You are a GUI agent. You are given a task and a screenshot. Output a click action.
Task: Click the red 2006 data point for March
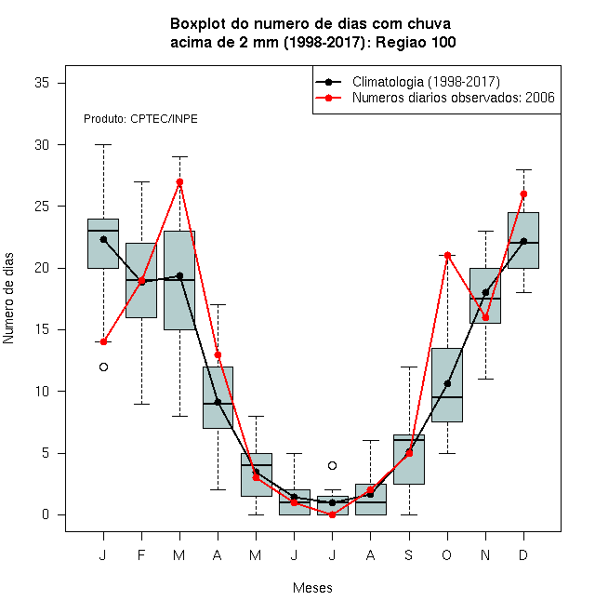coord(179,181)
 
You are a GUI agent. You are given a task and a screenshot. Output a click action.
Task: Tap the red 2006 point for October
coord(447,255)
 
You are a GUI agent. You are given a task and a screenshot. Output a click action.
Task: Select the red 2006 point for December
coord(523,194)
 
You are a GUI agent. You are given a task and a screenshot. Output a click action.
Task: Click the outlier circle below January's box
coord(103,367)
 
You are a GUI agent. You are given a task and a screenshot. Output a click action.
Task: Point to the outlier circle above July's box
coord(332,465)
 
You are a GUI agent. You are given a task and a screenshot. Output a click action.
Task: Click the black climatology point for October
coord(447,383)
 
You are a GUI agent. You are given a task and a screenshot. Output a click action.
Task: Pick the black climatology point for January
coord(103,239)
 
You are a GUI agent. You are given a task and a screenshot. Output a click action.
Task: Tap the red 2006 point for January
coord(103,341)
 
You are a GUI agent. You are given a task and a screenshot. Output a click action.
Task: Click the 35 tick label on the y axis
coord(42,83)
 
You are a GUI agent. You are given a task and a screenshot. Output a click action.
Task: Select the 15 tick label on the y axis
coord(42,329)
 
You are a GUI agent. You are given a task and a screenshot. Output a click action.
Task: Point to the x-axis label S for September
coord(409,554)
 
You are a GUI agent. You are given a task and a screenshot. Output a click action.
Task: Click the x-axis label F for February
coord(141,554)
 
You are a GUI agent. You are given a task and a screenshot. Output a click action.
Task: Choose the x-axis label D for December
coord(523,554)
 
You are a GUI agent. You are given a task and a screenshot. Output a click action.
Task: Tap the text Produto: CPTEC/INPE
coord(140,119)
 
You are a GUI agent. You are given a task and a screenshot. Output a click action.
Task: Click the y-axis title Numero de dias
coord(8,299)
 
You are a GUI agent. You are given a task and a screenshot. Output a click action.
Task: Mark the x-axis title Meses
coord(312,588)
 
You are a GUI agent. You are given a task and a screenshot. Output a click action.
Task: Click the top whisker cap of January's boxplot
coord(103,144)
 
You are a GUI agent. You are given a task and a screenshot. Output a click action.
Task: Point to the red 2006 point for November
coord(486,317)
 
